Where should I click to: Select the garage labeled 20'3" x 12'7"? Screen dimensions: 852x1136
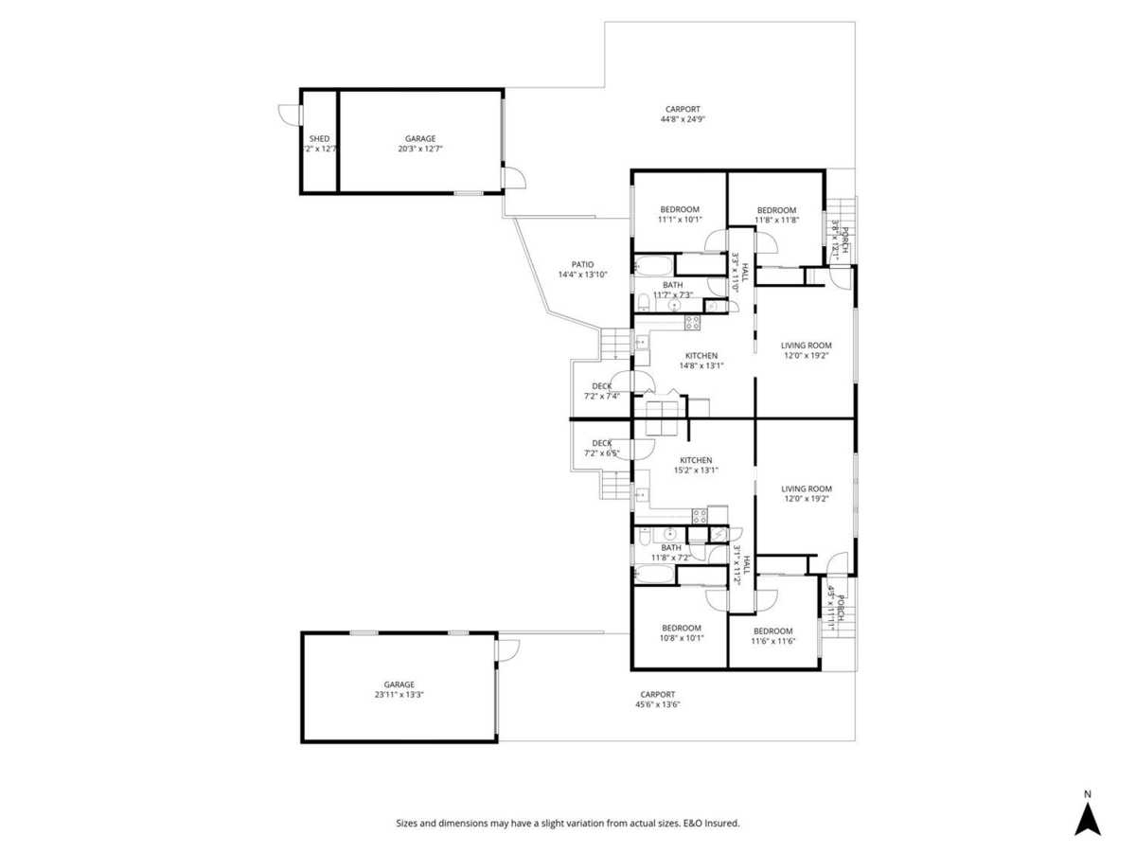pyautogui.click(x=420, y=144)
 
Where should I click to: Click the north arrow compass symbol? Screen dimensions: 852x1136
pyautogui.click(x=1088, y=817)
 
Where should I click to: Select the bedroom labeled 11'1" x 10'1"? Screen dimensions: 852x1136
pyautogui.click(x=680, y=215)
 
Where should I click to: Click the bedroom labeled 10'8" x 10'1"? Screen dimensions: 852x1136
pyautogui.click(x=681, y=632)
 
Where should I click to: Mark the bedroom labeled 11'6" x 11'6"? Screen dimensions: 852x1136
pyautogui.click(x=772, y=636)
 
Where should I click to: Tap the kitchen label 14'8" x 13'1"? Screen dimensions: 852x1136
pyautogui.click(x=701, y=361)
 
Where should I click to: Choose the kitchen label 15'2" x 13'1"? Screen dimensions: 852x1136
pyautogui.click(x=696, y=465)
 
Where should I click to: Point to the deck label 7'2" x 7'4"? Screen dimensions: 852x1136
pyautogui.click(x=601, y=391)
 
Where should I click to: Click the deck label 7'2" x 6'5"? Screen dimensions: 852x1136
pyautogui.click(x=601, y=448)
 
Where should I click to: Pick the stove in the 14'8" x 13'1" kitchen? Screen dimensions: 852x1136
pyautogui.click(x=692, y=323)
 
